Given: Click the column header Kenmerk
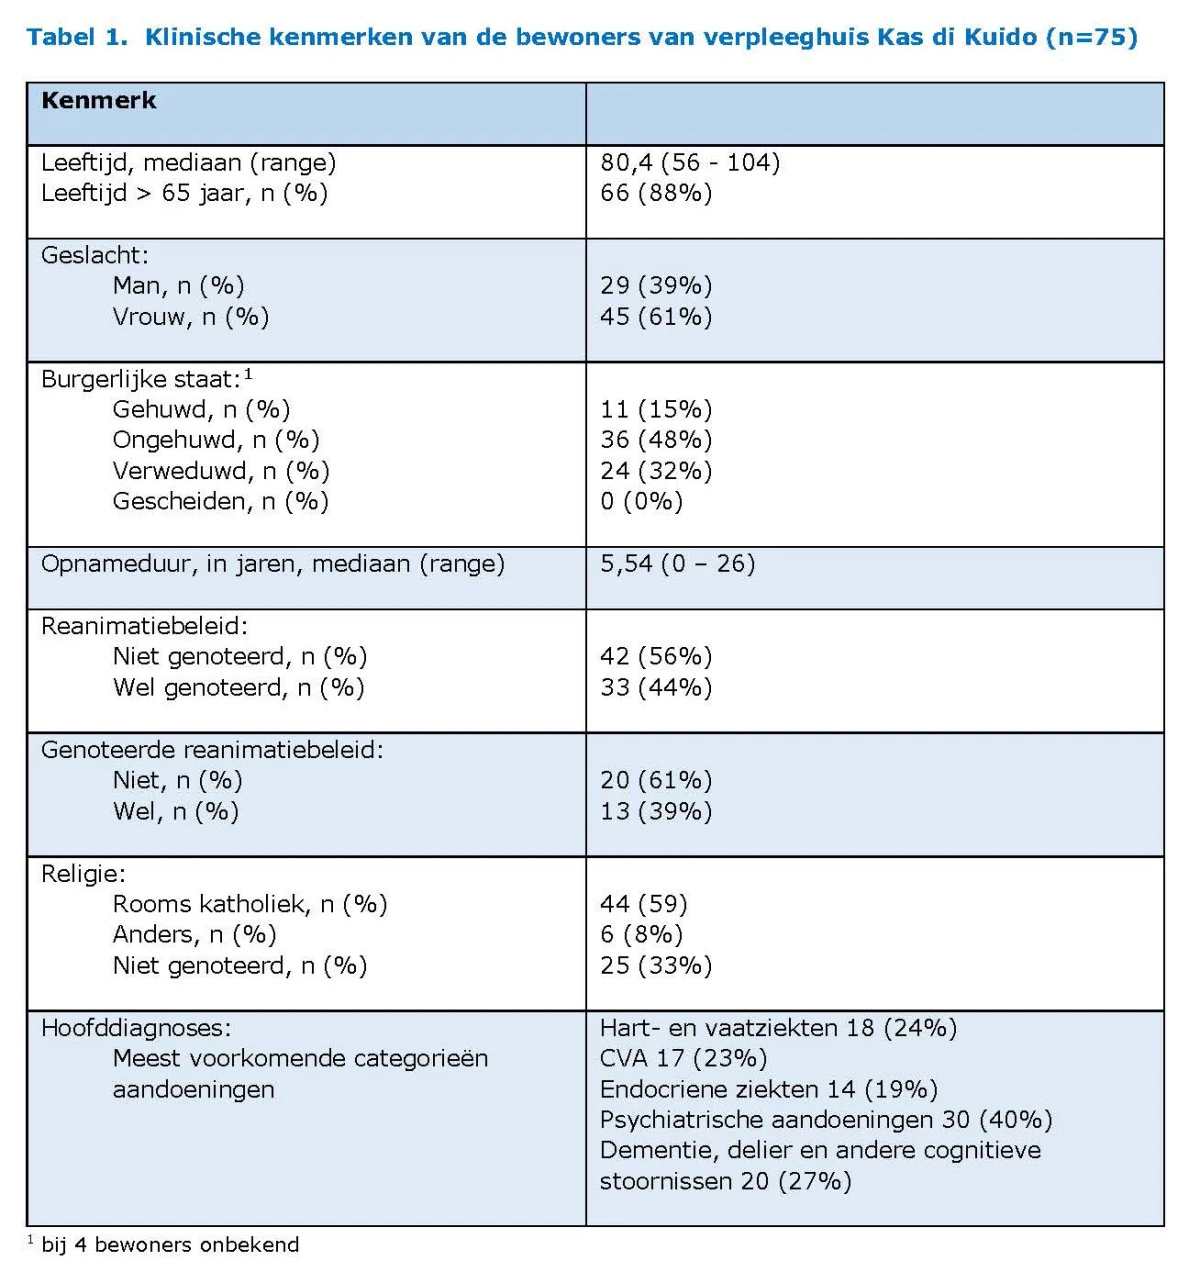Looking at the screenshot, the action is [99, 101].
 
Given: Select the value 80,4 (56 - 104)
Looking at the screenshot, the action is [690, 163].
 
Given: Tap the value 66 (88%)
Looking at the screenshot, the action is [656, 193].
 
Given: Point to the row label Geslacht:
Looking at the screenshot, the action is [95, 256].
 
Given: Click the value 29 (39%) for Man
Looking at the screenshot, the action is [656, 286].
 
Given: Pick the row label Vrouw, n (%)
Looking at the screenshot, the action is [191, 317].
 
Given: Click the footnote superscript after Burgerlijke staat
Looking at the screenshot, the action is [248, 374].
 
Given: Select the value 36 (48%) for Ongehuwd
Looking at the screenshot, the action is [656, 440].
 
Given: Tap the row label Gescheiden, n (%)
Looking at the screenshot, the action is [220, 501].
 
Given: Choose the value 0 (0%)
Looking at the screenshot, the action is [641, 501].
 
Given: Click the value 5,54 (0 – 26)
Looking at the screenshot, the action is [678, 564].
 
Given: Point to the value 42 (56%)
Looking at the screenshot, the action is [656, 656].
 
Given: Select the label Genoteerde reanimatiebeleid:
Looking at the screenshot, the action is [212, 750].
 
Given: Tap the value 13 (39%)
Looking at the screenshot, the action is [656, 811].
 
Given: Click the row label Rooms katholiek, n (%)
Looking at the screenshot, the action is [250, 904].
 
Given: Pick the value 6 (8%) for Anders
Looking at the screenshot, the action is [641, 934].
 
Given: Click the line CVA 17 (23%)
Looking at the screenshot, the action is [684, 1059].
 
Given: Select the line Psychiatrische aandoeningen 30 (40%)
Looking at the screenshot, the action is [826, 1120].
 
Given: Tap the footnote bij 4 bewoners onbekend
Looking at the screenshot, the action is [170, 1244].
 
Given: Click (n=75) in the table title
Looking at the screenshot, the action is [1091, 37].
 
